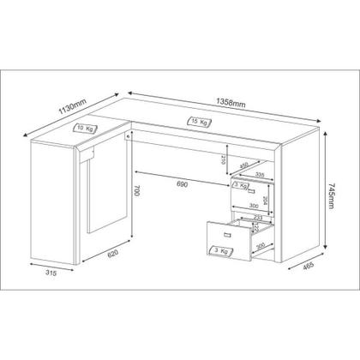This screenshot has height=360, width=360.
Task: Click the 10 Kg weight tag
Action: click(86, 127)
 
